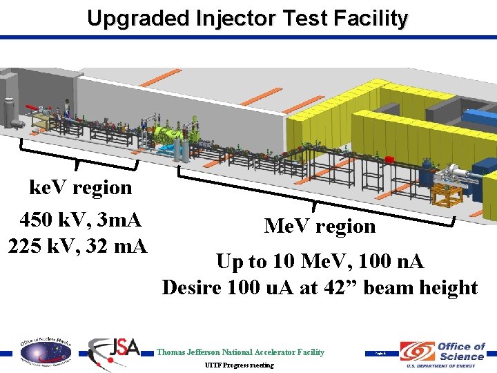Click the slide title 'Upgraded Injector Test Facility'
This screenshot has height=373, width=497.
(x=248, y=18)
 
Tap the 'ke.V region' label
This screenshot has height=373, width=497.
(x=80, y=187)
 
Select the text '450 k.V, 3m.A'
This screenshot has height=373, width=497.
(x=81, y=220)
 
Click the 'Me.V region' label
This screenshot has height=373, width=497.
(x=320, y=226)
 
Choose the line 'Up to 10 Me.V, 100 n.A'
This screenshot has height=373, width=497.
(x=320, y=262)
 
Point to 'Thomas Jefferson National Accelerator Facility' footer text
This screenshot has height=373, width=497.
(x=240, y=352)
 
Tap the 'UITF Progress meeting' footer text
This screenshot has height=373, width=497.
(x=240, y=365)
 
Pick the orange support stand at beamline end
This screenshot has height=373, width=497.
(x=447, y=196)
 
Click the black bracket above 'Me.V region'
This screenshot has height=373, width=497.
(x=315, y=198)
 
